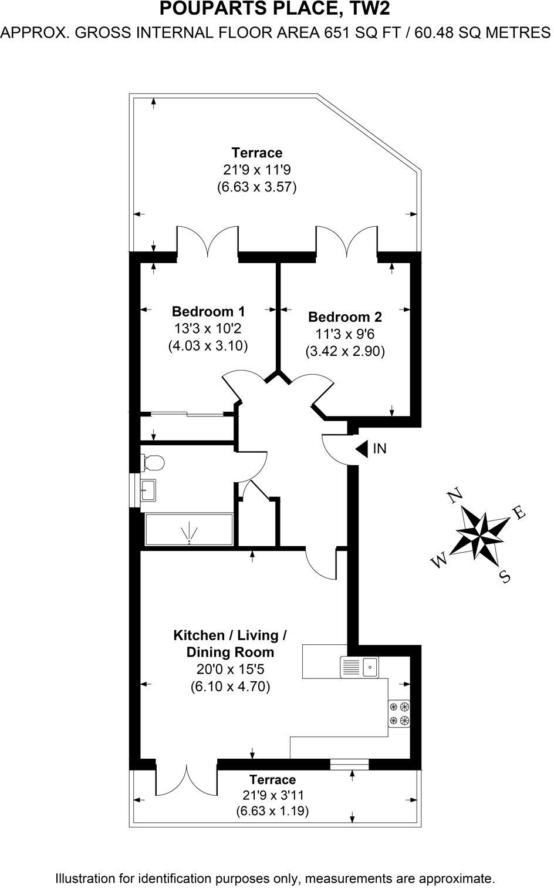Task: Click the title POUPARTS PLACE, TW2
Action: pyautogui.click(x=276, y=9)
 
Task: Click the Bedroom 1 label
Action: pyautogui.click(x=208, y=311)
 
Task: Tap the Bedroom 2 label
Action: pyautogui.click(x=344, y=317)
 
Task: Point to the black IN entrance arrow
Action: pyautogui.click(x=361, y=449)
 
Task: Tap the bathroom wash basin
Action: pyautogui.click(x=148, y=489)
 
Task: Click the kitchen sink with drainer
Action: pyautogui.click(x=360, y=667)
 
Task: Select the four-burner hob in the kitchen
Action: pyautogui.click(x=399, y=714)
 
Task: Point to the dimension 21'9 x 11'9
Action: pyautogui.click(x=256, y=170)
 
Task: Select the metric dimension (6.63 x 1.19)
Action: pyautogui.click(x=272, y=811)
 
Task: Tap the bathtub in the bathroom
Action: pyautogui.click(x=188, y=531)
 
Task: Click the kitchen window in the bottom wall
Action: pyautogui.click(x=349, y=764)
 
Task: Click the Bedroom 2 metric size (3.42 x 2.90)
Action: pyautogui.click(x=344, y=351)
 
